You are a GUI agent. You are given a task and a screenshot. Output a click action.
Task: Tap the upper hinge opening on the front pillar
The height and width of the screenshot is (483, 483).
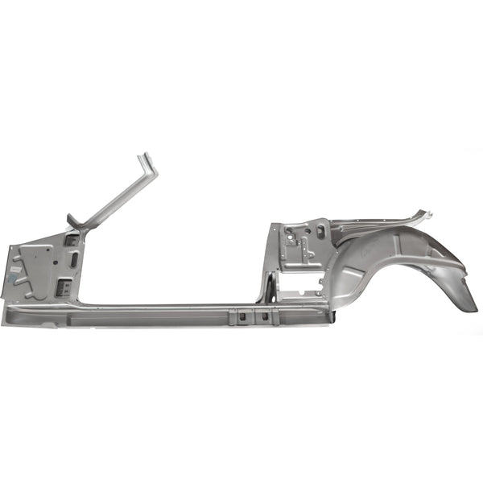click(71, 240)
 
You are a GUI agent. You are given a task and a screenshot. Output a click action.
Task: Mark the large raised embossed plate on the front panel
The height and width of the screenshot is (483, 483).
click(36, 266)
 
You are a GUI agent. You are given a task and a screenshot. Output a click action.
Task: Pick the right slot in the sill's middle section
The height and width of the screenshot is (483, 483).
click(262, 316)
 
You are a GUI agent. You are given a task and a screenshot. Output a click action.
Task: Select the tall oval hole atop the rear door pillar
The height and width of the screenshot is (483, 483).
click(320, 232)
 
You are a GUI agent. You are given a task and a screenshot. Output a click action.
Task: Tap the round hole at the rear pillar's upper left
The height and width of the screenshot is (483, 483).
click(287, 230)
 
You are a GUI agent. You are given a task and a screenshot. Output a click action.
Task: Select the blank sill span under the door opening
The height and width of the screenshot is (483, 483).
click(161, 312)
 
